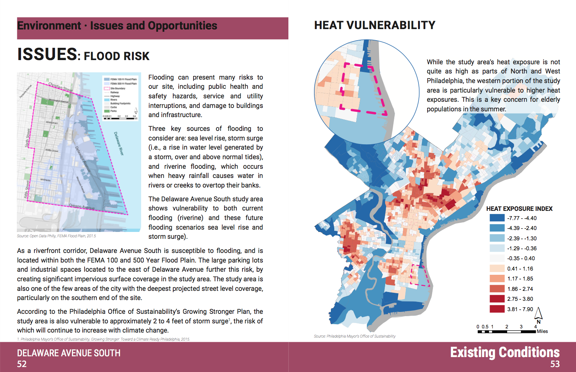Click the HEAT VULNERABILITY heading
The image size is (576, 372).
pyautogui.click(x=374, y=25)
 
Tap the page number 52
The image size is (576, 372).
pyautogui.click(x=22, y=364)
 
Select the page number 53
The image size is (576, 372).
pyautogui.click(x=555, y=364)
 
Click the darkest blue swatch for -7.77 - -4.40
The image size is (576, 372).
pyautogui.click(x=497, y=218)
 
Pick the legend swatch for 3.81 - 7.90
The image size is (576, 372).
pyautogui.click(x=497, y=309)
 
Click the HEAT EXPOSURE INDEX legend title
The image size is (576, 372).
pyautogui.click(x=519, y=209)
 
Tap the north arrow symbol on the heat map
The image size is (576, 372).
pyautogui.click(x=539, y=314)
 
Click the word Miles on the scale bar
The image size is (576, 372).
pyautogui.click(x=542, y=331)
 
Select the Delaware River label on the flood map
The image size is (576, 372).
pyautogui.click(x=119, y=144)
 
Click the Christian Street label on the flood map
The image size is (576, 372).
pyautogui.click(x=60, y=87)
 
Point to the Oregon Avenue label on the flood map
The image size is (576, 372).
pyautogui.click(x=81, y=207)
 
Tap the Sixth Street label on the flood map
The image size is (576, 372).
pyautogui.click(x=28, y=138)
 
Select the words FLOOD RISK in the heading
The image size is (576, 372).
pyautogui.click(x=117, y=56)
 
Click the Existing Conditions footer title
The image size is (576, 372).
pyautogui.click(x=504, y=352)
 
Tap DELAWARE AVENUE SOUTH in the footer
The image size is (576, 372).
pyautogui.click(x=68, y=353)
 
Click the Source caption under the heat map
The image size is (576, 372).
pyautogui.click(x=355, y=336)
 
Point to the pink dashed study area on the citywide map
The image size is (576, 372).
pyautogui.click(x=420, y=276)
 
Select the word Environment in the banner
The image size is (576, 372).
pyautogui.click(x=49, y=26)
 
